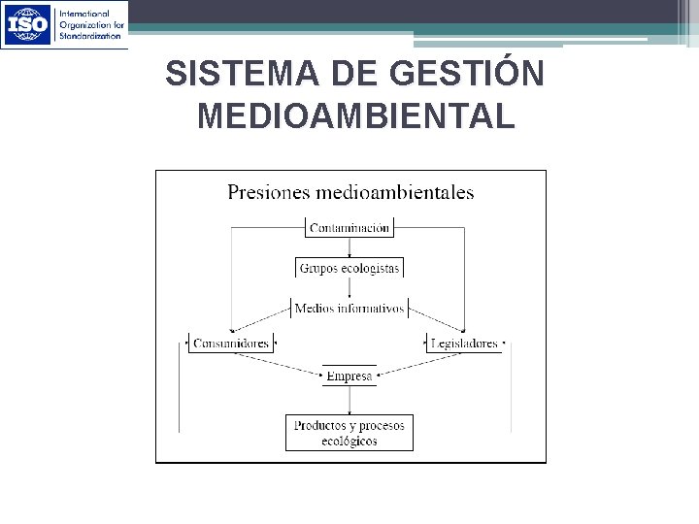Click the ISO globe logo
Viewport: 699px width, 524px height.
tap(28, 24)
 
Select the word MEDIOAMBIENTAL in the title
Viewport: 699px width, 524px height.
tap(354, 116)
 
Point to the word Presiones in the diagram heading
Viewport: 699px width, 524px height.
tap(265, 192)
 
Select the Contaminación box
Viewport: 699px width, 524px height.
tap(349, 228)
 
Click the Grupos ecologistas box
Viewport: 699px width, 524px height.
tap(349, 267)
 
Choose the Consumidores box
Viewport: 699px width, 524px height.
tap(230, 343)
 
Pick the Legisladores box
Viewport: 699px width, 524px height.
tap(464, 343)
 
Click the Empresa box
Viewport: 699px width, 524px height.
tap(349, 376)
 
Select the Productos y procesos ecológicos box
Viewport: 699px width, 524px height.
tap(349, 433)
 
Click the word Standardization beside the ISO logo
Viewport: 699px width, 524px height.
tap(92, 35)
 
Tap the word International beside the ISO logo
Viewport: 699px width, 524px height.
tap(86, 14)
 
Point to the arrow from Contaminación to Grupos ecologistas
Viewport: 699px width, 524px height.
tap(349, 246)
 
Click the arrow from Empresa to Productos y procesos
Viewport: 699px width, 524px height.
tap(349, 401)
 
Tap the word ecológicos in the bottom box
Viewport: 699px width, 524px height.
tap(349, 442)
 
